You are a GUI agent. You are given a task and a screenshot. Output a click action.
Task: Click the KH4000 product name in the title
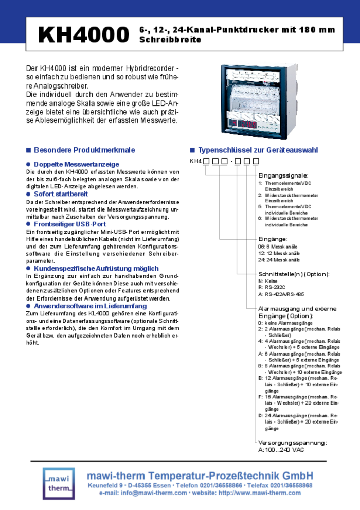pos(83,34)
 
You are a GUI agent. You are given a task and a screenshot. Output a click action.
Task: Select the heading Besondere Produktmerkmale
pos(84,150)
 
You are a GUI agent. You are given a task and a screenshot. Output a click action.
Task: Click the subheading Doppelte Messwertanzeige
pos(76,164)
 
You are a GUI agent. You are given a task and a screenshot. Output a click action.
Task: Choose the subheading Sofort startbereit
pos(61,194)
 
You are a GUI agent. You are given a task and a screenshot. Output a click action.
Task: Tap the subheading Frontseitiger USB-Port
pos(70,224)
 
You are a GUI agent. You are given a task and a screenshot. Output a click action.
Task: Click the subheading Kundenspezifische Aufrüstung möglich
pos(96,269)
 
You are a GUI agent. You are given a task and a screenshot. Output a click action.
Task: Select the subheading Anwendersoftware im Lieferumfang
pos(90,306)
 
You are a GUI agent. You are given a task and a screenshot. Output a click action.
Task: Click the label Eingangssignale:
pos(283,175)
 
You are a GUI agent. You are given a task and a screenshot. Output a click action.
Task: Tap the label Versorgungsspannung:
pos(292,442)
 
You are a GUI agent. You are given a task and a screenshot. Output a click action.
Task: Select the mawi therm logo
pos(59,483)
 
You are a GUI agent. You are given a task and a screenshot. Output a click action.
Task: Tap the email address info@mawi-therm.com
pos(154,493)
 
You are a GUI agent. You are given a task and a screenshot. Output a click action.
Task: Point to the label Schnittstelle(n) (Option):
pos(294,274)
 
